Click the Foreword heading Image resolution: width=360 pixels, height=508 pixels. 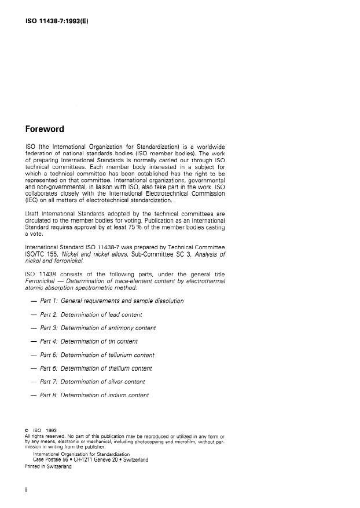pos(45,129)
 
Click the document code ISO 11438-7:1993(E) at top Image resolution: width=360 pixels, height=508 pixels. pos(57,23)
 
